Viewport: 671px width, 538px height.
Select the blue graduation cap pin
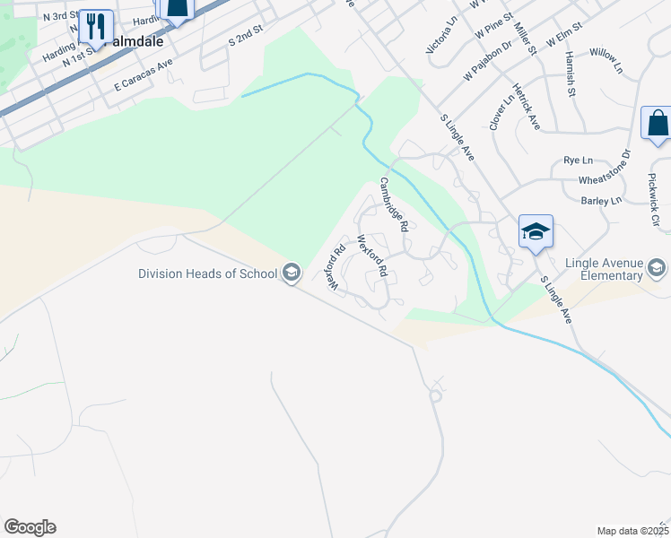pos(536,232)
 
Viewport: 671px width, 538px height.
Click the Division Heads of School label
pos(207,273)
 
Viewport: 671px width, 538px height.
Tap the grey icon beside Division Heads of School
pos(291,272)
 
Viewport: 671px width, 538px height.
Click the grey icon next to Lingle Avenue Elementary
pos(657,268)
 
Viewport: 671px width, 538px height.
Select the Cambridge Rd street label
pos(394,204)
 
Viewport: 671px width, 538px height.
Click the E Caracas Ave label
pos(143,75)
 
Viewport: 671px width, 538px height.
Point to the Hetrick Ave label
pos(526,107)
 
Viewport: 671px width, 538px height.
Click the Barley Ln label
pos(601,201)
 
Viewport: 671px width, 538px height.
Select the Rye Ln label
pos(579,160)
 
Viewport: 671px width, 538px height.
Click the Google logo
pos(30,527)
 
